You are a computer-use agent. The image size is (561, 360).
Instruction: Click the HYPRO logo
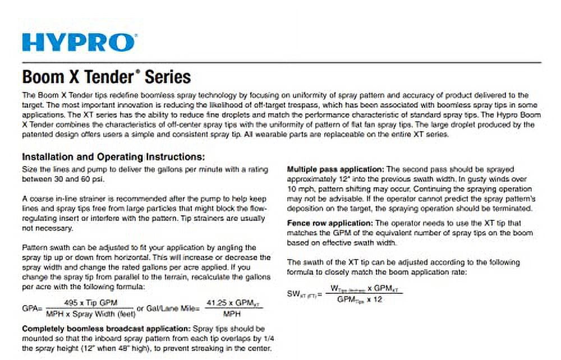[x=79, y=43]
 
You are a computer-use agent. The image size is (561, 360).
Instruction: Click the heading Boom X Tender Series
[x=106, y=76]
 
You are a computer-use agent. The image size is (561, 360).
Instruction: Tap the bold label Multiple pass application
[x=335, y=169]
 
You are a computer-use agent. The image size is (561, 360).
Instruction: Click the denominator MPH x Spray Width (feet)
[x=90, y=313]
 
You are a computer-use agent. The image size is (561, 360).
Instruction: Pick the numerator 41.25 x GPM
[x=234, y=302]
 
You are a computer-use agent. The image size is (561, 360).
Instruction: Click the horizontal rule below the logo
[x=280, y=62]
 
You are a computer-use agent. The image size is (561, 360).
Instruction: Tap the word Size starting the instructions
[x=29, y=169]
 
